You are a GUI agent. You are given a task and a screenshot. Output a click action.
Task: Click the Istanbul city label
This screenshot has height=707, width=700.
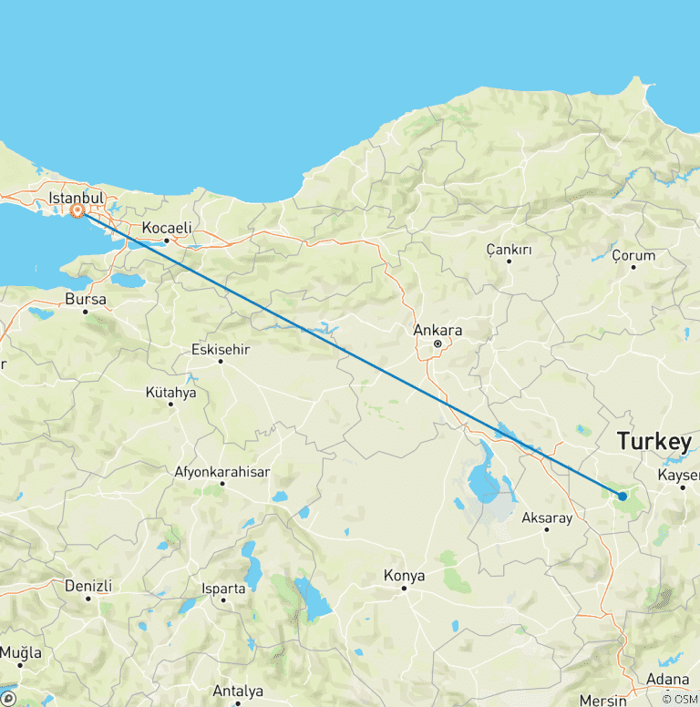point(76,198)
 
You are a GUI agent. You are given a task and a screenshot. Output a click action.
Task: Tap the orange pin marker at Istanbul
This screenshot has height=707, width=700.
point(78,211)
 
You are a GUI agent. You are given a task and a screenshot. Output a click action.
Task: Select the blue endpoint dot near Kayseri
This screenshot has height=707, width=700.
point(622,497)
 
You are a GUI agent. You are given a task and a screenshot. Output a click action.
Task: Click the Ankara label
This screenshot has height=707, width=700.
point(437,330)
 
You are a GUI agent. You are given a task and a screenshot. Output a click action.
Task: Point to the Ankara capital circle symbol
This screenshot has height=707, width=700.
point(437,344)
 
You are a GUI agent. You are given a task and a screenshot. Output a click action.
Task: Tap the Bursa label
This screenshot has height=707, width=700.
point(86,299)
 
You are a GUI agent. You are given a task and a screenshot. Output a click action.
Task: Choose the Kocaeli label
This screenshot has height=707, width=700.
point(166,228)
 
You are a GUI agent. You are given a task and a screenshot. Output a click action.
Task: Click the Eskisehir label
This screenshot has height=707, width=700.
point(221,349)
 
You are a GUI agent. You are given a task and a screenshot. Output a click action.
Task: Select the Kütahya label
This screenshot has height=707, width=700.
point(170,393)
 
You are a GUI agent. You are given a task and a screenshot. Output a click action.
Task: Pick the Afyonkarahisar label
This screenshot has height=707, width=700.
point(221,472)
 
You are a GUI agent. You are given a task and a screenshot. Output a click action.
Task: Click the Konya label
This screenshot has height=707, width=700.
point(404,576)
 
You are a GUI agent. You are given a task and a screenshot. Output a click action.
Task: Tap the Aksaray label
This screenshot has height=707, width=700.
point(546,518)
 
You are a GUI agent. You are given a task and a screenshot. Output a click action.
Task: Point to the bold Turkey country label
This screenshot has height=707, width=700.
point(654,442)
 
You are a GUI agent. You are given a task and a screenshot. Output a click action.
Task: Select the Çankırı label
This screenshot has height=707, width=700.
point(509,249)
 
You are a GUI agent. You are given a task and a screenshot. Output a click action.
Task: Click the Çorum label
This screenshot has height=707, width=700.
point(633,255)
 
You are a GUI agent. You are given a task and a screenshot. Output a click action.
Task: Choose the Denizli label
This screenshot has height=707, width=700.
point(88,586)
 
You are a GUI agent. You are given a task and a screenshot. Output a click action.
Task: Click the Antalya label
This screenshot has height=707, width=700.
point(238,691)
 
